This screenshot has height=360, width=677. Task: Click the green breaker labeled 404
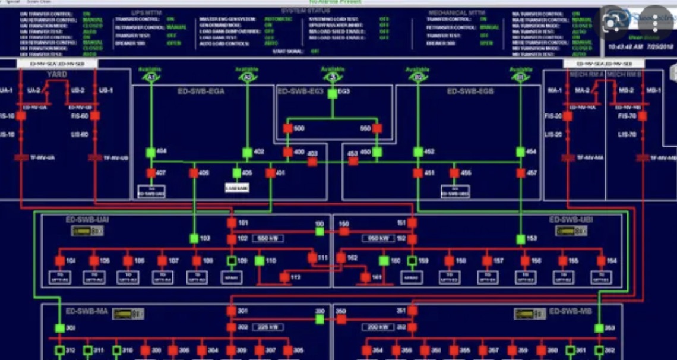(151, 152)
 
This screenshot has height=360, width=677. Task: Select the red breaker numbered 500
(288, 128)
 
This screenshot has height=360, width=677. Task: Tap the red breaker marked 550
(377, 128)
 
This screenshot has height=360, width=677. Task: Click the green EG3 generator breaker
(333, 94)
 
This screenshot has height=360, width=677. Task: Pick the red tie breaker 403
(312, 161)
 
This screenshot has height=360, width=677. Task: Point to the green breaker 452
(418, 152)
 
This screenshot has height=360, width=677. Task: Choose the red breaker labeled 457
(521, 173)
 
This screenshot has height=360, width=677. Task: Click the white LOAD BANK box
(236, 188)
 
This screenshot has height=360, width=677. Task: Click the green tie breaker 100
(319, 231)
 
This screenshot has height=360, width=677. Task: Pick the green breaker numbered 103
(194, 239)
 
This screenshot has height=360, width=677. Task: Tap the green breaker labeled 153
(521, 239)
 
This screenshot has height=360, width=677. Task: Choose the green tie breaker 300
(319, 319)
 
